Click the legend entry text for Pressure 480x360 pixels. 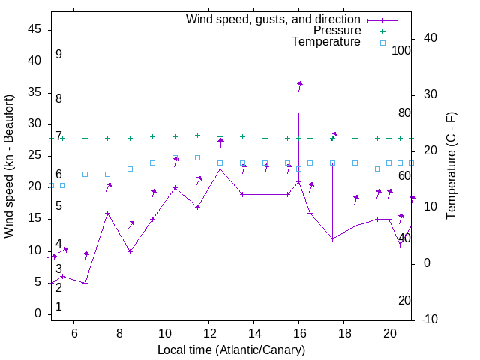tap(337, 31)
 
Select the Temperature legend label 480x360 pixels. tap(326, 42)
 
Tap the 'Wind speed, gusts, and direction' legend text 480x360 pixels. tap(274, 19)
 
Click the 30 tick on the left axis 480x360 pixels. tap(34, 124)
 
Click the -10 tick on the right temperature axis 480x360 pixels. tap(430, 319)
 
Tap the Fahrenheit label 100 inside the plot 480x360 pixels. tap(401, 51)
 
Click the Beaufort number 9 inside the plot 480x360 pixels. tap(58, 55)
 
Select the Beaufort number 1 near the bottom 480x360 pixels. tap(58, 306)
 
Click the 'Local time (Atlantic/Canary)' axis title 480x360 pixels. tap(231, 350)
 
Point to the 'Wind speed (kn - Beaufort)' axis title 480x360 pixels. tap(9, 166)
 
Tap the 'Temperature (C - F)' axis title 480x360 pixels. tap(451, 166)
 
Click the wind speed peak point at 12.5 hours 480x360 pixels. tap(220, 169)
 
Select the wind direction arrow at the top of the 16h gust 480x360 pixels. tap(300, 84)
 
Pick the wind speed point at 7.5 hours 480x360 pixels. tap(108, 213)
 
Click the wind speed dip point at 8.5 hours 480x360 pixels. tap(130, 251)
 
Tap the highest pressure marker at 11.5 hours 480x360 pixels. tap(198, 136)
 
